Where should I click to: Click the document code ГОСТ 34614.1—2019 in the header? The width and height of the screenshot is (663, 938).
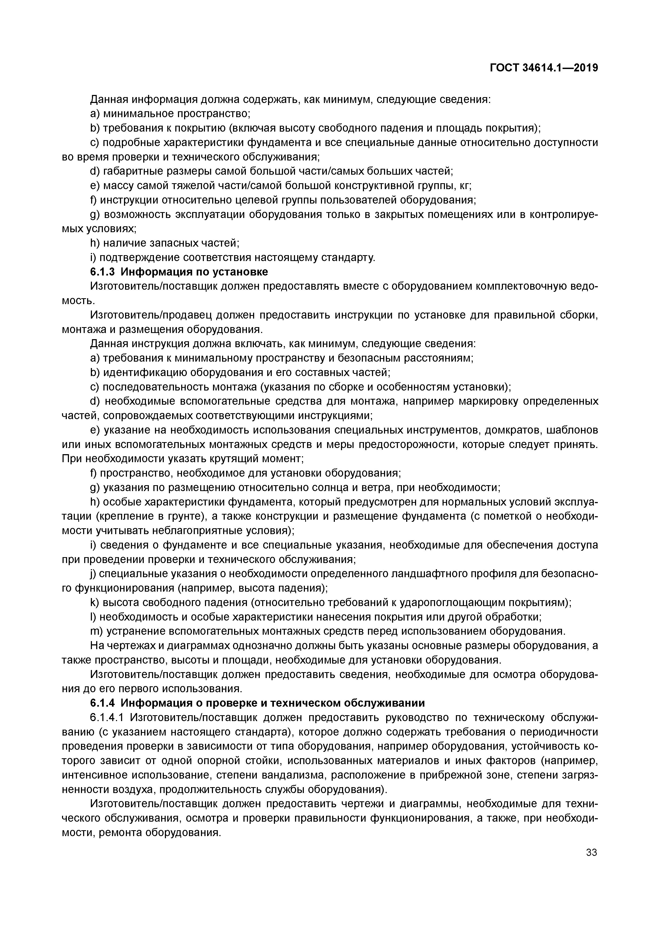coord(544,68)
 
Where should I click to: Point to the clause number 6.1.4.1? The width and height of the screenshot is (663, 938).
coord(108,718)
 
